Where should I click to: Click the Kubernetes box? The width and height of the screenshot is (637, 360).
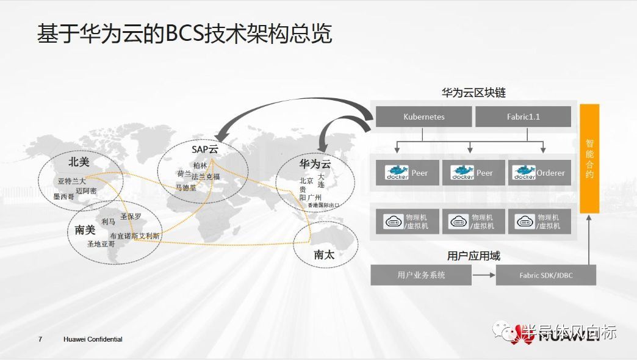click(423, 117)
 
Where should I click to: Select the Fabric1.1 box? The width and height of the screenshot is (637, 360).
click(523, 117)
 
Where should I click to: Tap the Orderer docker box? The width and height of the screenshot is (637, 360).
click(539, 173)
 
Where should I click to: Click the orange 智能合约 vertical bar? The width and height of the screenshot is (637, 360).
click(589, 158)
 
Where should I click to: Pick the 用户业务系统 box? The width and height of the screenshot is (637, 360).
click(421, 275)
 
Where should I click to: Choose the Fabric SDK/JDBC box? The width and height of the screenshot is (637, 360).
click(546, 275)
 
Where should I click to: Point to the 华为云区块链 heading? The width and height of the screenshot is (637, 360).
click(473, 93)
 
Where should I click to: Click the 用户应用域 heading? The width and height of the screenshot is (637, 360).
click(473, 256)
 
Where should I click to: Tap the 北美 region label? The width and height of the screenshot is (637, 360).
click(79, 162)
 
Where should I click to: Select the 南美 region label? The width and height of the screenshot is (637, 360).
click(85, 230)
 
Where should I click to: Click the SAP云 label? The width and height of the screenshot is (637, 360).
click(204, 150)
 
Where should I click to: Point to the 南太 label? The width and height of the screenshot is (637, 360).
click(324, 255)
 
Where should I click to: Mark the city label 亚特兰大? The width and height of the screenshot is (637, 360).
click(72, 181)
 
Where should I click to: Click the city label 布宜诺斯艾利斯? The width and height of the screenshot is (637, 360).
click(135, 236)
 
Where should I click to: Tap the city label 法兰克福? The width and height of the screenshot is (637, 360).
click(206, 177)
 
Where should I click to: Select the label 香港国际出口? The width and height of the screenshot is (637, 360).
click(323, 206)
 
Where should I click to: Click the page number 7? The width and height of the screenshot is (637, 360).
click(40, 339)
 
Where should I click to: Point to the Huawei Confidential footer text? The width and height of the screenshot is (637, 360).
click(93, 339)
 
